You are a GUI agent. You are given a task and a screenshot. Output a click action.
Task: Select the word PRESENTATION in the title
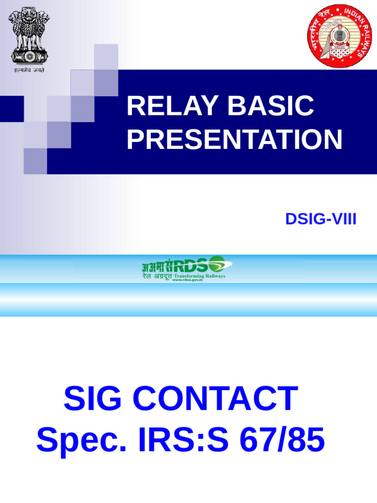[234, 140]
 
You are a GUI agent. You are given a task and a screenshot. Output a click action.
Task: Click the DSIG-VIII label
[321, 220]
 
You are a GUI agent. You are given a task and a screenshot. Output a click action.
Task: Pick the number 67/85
[282, 440]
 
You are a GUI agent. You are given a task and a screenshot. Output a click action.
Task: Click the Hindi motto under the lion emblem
[29, 70]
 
